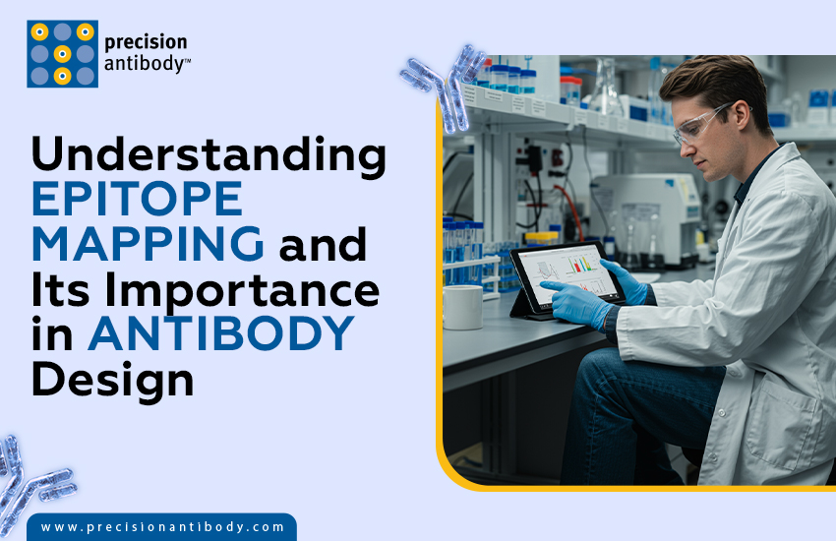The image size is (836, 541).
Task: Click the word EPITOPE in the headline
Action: tap(137, 199)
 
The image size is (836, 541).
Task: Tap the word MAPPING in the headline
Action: tap(148, 243)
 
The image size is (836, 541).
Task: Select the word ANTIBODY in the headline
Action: tap(220, 334)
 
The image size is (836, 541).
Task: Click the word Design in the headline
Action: tap(113, 379)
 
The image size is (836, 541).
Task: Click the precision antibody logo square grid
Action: tap(62, 53)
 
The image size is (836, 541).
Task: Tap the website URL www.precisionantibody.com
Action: tap(162, 527)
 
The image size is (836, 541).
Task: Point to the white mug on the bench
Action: tap(462, 309)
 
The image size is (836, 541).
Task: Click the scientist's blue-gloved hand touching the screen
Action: tap(574, 301)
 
